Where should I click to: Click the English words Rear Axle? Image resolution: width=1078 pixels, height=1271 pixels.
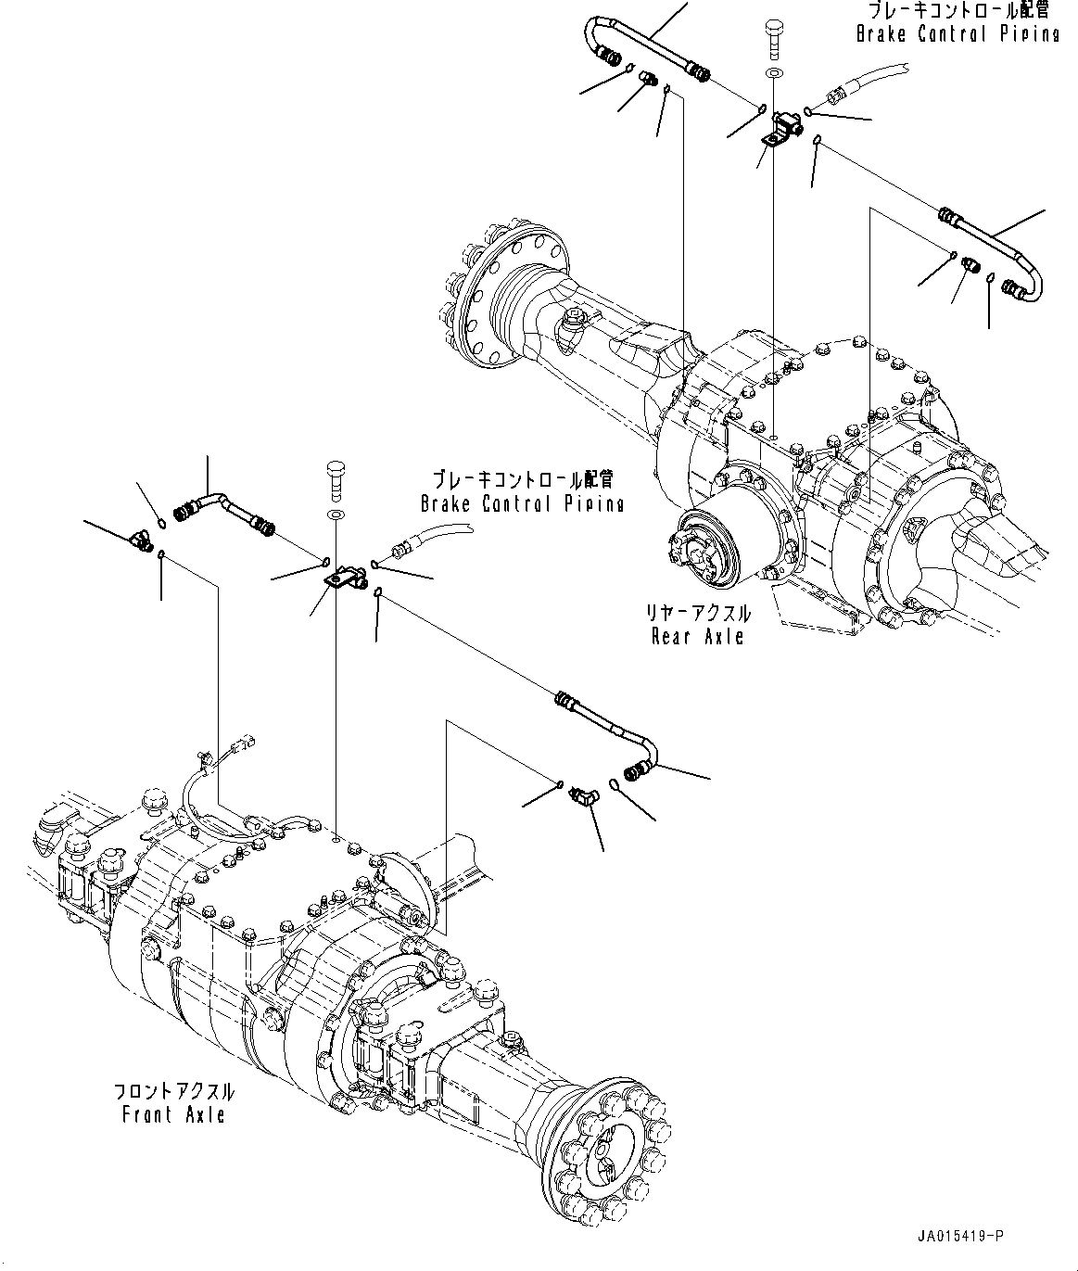[x=697, y=636]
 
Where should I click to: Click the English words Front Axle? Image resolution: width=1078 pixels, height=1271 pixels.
[x=173, y=1114]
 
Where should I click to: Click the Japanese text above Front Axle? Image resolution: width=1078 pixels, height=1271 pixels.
[x=173, y=1092]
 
